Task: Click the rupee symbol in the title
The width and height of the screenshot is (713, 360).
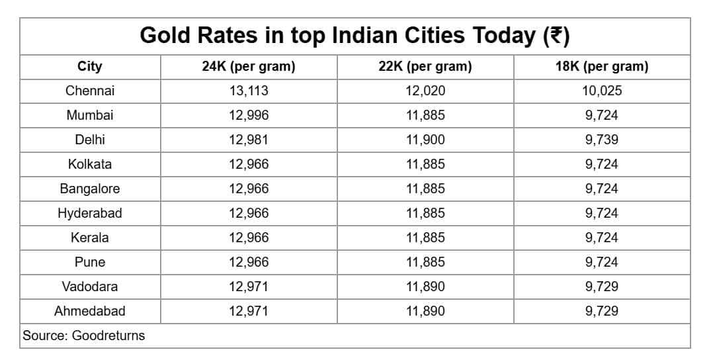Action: click(556, 36)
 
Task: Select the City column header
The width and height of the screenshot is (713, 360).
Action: click(89, 66)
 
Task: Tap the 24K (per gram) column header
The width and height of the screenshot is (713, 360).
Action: click(249, 67)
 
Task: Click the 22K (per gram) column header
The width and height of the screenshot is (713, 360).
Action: click(425, 67)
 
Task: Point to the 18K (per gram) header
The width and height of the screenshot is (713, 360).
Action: click(602, 67)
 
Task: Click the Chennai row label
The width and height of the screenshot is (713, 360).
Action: click(89, 91)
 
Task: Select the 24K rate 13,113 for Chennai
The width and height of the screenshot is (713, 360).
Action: click(249, 91)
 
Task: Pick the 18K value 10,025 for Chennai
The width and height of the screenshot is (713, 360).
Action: click(602, 91)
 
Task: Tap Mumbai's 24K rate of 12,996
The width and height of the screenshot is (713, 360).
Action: click(249, 115)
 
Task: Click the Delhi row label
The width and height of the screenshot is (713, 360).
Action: click(89, 139)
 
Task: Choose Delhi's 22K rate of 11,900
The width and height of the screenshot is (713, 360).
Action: click(425, 140)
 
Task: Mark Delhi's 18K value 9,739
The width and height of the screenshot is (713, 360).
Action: click(602, 140)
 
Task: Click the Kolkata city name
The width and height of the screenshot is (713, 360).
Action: click(89, 164)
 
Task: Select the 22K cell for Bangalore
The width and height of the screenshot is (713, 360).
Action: click(425, 189)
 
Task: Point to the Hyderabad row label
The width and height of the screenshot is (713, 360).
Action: click(89, 213)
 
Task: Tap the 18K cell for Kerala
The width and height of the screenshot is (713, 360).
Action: click(602, 238)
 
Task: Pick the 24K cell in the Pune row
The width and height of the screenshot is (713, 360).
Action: click(249, 263)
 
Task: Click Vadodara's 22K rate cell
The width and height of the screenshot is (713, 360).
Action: click(425, 287)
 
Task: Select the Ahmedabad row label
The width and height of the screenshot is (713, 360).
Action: click(89, 311)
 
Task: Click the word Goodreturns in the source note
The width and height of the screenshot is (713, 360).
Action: click(108, 336)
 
